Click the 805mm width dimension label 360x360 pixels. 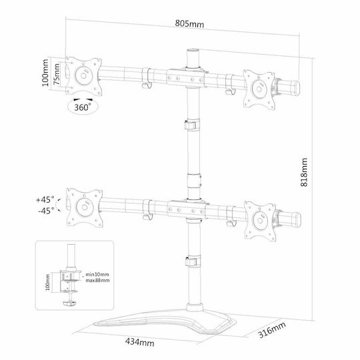pos(189,23)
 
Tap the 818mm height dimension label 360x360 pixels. pos(304,172)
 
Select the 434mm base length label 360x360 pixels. pos(140,342)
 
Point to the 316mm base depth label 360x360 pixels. pos(272,330)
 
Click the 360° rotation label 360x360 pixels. pos(83,107)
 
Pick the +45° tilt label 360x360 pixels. pos(45,199)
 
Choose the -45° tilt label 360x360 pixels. pos(46,210)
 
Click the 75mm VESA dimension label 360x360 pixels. pos(56,74)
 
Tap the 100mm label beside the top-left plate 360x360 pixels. pos(45,73)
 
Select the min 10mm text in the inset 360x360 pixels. pos(97,275)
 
